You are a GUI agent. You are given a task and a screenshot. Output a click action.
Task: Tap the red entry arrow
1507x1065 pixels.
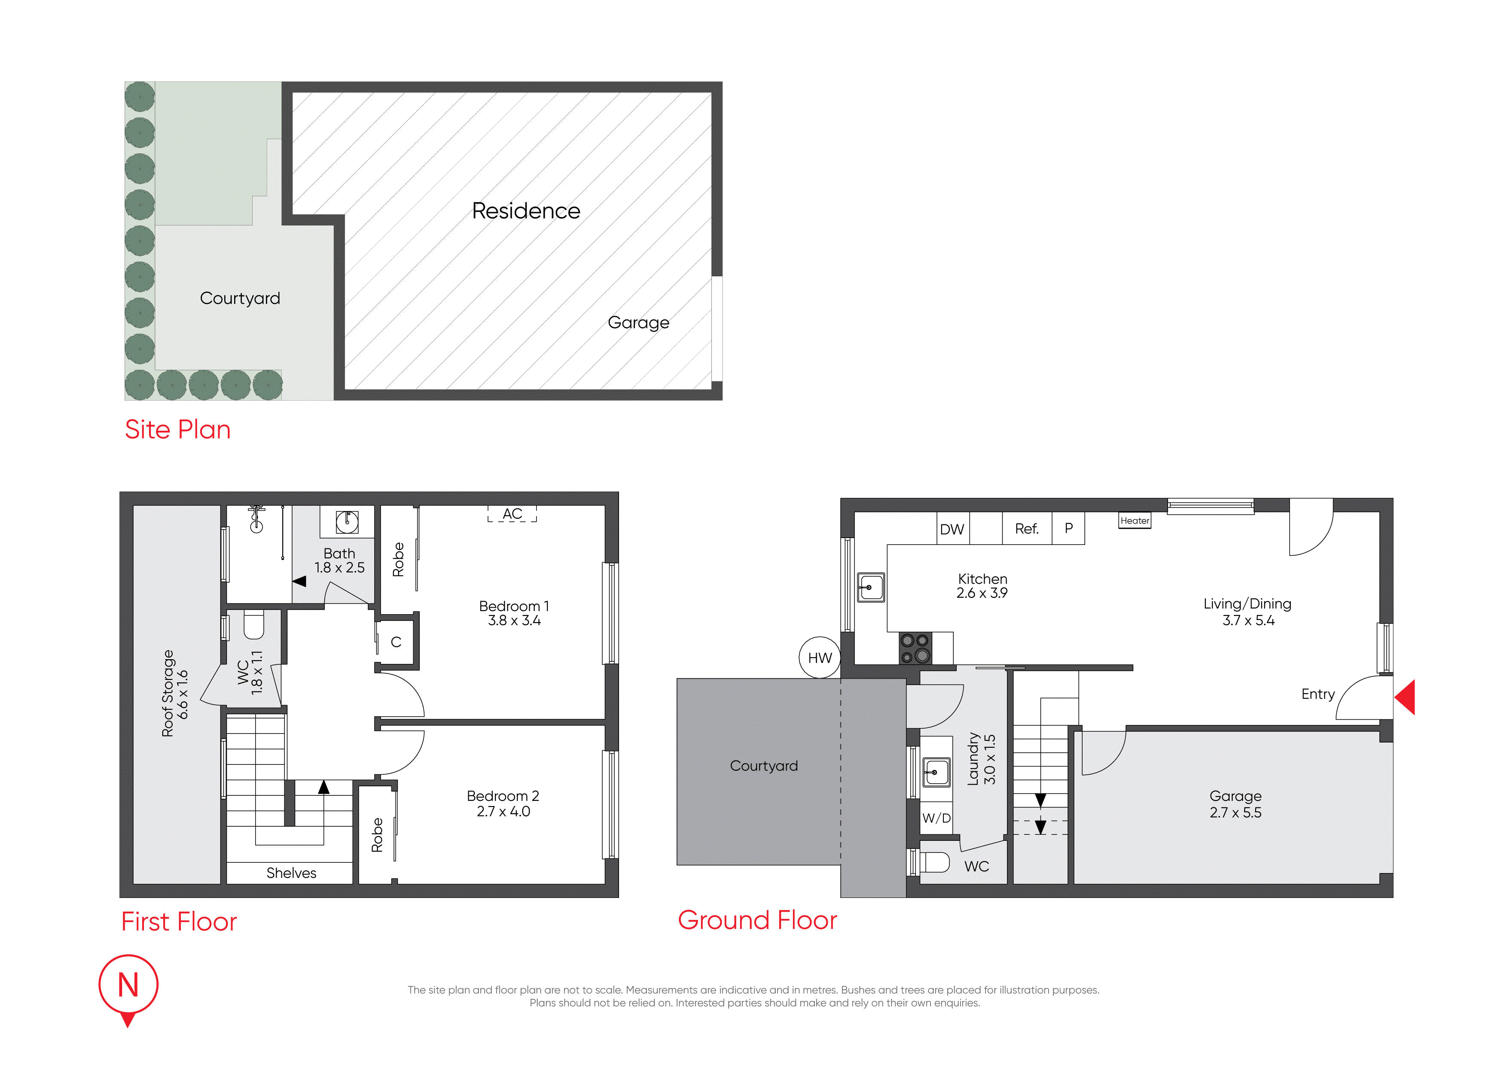[1405, 697]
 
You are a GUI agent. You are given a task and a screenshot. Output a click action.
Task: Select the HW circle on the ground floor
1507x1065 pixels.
[820, 657]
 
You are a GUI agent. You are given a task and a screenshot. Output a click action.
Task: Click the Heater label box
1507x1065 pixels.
[1135, 520]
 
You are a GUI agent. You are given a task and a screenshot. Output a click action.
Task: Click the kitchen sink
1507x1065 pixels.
[871, 587]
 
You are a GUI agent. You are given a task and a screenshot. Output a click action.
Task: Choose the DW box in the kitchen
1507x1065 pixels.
[953, 529]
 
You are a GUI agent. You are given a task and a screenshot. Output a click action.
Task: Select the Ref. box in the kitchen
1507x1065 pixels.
[1027, 529]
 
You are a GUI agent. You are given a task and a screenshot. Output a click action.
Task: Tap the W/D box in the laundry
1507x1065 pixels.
[937, 818]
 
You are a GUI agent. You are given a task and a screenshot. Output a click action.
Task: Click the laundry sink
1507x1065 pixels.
[936, 772]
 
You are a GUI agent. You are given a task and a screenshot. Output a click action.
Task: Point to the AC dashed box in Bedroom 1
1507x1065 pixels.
[513, 514]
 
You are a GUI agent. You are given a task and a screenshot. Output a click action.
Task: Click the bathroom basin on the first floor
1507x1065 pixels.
[347, 522]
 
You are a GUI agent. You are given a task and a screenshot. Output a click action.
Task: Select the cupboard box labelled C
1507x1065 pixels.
[397, 642]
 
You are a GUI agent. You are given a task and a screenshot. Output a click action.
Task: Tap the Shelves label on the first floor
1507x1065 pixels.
[291, 873]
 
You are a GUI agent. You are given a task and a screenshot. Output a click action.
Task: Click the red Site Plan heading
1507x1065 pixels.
[178, 430]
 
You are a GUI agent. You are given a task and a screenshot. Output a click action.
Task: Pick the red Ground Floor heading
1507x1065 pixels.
[757, 920]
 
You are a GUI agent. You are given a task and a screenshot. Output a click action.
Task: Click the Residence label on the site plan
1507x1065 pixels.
[526, 210]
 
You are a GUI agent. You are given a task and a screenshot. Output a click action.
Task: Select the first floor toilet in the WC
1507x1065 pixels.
[253, 625]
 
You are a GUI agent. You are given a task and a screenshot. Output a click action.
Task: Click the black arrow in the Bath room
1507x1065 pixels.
[299, 581]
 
